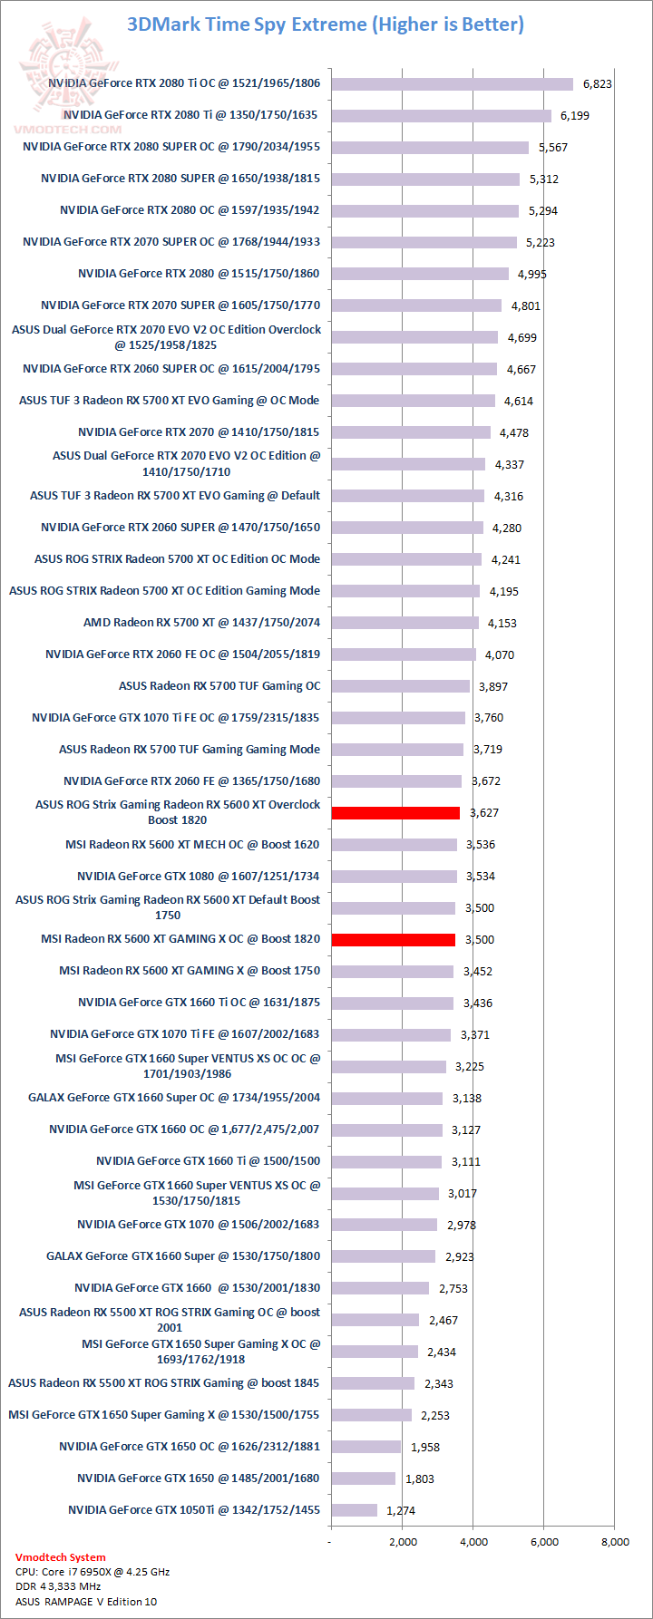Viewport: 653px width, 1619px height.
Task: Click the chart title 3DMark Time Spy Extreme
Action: click(326, 24)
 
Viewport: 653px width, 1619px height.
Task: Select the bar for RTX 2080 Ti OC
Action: click(452, 84)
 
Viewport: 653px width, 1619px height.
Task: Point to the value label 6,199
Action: click(575, 116)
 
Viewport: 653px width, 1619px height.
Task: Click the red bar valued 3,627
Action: click(395, 813)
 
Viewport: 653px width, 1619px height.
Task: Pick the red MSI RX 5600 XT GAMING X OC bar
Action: click(393, 940)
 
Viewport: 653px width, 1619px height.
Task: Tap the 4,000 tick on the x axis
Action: click(473, 1541)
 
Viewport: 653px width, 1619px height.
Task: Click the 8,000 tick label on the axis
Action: click(614, 1541)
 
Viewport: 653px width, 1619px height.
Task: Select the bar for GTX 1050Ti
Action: click(354, 1510)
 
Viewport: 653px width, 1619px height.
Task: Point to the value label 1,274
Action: click(401, 1511)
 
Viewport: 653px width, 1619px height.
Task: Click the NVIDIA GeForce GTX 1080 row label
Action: click(198, 877)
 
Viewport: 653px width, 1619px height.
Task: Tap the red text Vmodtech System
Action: click(60, 1557)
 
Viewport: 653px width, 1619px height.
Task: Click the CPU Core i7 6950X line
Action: click(93, 1572)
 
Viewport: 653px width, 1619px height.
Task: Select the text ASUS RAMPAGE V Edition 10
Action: click(86, 1602)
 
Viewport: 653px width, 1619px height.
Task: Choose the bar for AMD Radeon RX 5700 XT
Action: click(404, 623)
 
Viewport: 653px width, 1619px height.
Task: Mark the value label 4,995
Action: click(532, 275)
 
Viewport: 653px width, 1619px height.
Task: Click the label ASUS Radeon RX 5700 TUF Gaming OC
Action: click(219, 686)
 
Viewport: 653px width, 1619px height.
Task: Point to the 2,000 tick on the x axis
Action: click(403, 1541)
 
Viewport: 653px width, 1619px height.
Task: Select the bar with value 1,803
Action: click(363, 1478)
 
